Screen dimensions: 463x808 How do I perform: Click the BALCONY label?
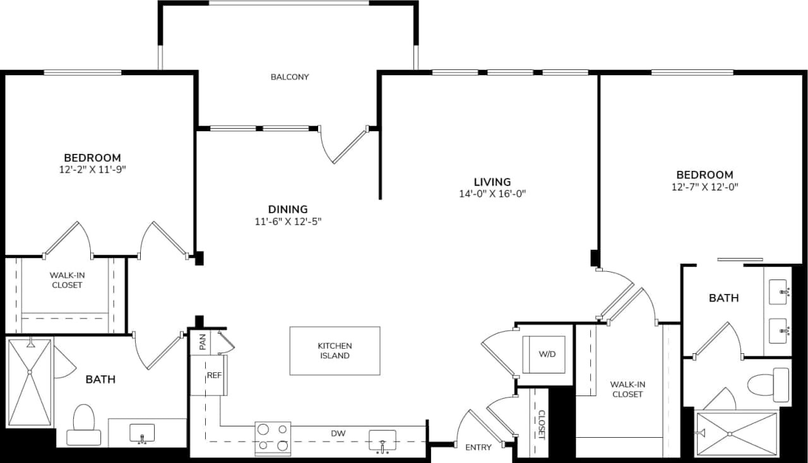290,77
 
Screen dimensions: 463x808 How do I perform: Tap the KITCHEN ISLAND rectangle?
335,351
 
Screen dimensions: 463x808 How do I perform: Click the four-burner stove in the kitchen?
273,438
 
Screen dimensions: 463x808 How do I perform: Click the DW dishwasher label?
338,433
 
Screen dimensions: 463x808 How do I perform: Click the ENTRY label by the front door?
478,447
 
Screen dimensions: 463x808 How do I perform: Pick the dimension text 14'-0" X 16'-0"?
492,194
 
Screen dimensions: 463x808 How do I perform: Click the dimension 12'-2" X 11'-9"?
92,169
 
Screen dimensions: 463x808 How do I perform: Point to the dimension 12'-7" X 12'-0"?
705,187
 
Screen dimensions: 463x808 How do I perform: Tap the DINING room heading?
287,209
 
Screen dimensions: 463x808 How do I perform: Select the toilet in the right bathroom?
768,385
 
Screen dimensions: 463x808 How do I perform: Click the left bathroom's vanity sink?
142,433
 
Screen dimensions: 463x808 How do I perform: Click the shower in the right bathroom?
736,433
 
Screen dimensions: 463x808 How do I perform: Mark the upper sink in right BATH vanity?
778,292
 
